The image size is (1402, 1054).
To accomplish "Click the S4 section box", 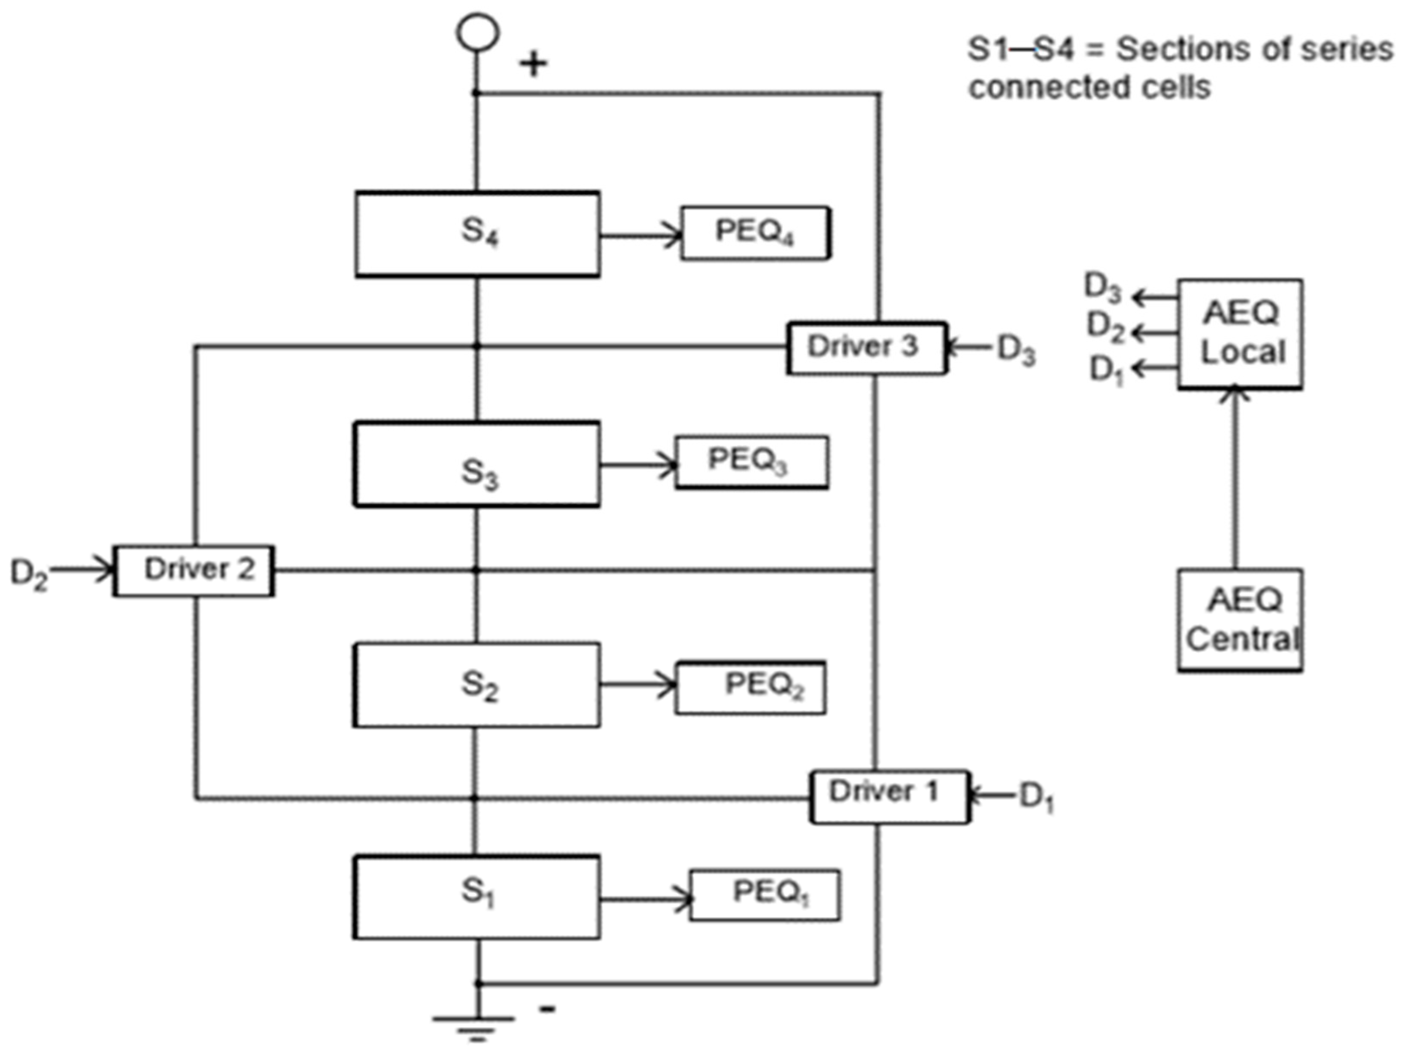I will click(x=477, y=234).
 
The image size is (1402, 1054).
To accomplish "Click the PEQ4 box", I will click(x=755, y=233).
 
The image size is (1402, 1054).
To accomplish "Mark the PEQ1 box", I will click(x=765, y=894).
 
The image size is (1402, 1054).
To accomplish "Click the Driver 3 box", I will click(x=866, y=348).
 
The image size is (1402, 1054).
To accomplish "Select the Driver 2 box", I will click(x=194, y=571).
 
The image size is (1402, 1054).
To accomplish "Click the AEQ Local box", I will click(x=1240, y=333).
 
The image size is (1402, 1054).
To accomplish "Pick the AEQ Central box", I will click(x=1240, y=619).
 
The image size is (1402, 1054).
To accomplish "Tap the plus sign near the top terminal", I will click(x=533, y=64).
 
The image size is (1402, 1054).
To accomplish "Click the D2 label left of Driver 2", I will click(x=28, y=573).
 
